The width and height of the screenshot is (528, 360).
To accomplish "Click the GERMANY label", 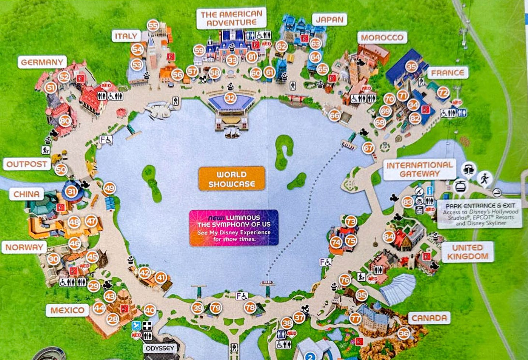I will (42, 62).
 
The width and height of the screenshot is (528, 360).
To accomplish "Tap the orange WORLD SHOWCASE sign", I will (232, 179).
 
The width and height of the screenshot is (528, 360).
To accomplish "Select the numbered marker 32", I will (230, 98).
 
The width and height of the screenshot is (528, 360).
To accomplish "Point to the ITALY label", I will (126, 36).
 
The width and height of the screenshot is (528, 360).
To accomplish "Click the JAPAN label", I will (329, 20).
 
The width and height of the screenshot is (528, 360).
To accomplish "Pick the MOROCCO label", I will (382, 38).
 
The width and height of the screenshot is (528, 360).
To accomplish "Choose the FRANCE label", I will (447, 73).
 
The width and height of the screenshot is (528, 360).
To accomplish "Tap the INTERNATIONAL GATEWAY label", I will (419, 170).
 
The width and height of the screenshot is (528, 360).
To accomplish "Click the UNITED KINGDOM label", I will (467, 252).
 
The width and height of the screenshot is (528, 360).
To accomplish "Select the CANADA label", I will (429, 318).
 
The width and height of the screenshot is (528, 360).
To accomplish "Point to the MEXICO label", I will (67, 310).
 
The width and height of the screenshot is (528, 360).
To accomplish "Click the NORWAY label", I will (24, 247).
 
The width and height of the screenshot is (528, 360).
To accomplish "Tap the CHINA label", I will (26, 194).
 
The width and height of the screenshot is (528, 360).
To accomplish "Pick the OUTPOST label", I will (27, 164).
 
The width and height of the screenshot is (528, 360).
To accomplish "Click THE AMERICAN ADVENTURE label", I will (231, 18).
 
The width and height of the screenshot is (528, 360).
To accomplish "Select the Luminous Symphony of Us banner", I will (234, 228).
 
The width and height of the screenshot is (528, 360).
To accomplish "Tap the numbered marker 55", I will (153, 26).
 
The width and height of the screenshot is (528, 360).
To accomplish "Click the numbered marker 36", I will (404, 334).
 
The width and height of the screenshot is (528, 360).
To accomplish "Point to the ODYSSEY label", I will (160, 348).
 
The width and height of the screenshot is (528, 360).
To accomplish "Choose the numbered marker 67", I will (368, 148).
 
